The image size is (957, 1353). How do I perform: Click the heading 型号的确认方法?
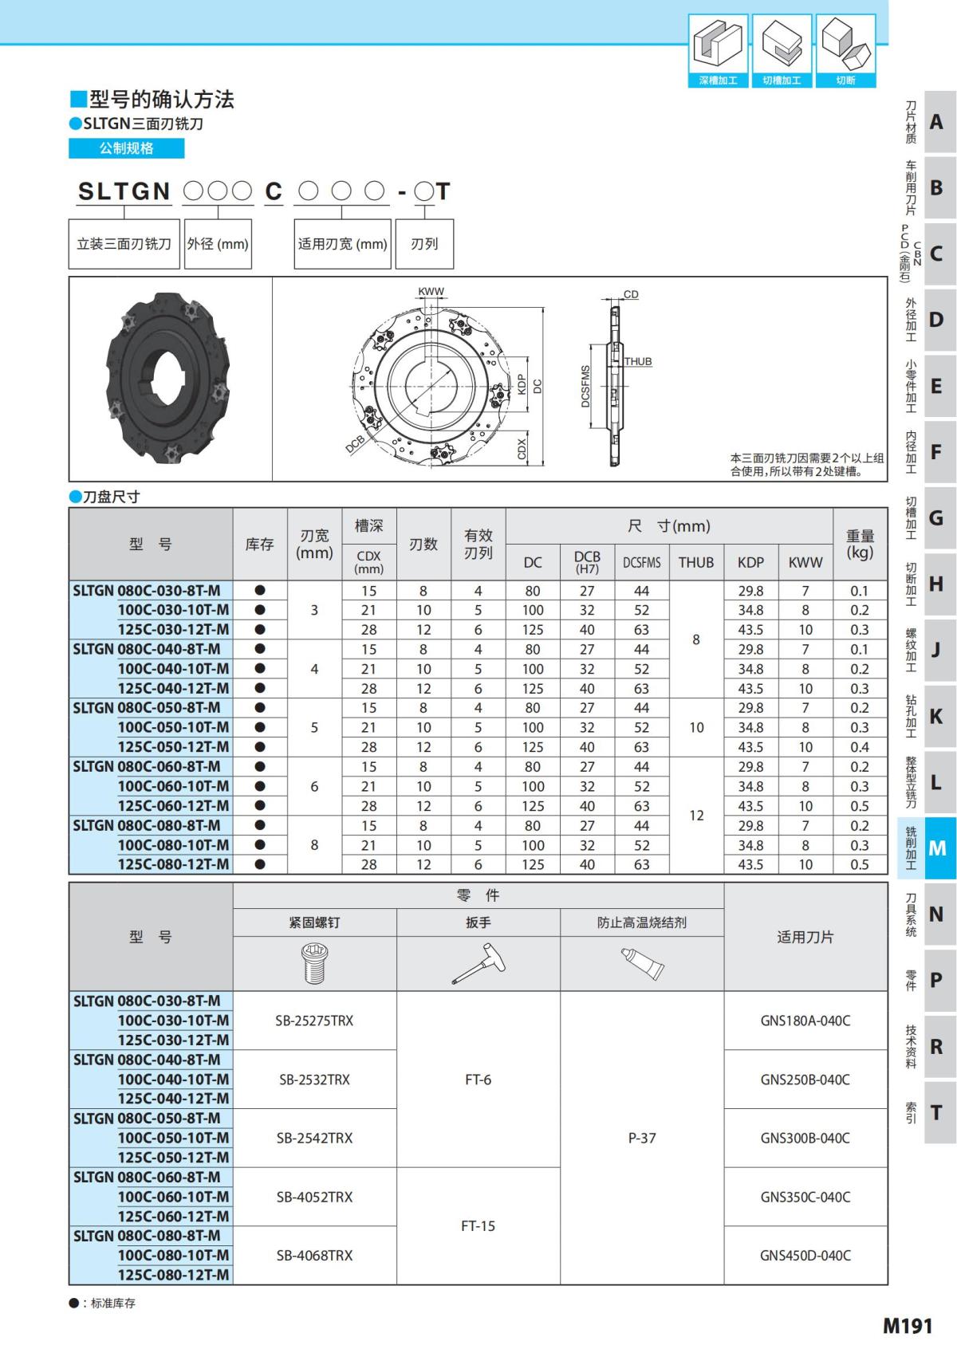click(161, 100)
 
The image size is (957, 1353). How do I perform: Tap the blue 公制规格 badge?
click(126, 148)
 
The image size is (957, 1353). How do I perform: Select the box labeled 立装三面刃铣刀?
click(124, 244)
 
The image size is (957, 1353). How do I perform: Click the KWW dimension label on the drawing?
click(431, 292)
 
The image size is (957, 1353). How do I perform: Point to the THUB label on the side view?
click(637, 361)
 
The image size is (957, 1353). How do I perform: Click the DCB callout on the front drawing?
click(355, 444)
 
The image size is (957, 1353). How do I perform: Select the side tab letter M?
click(937, 848)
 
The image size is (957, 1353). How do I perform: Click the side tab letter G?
click(937, 518)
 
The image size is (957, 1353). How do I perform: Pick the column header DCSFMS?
click(641, 562)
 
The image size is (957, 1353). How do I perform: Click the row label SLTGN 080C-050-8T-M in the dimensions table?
click(148, 708)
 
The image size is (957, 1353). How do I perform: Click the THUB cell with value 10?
click(696, 727)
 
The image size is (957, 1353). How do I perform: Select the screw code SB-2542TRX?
click(314, 1138)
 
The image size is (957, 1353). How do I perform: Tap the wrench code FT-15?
click(478, 1225)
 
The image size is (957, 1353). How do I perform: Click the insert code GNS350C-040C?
click(805, 1197)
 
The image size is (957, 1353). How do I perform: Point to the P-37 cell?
click(641, 1138)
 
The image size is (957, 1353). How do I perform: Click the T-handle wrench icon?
click(478, 963)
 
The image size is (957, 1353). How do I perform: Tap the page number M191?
click(907, 1326)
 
